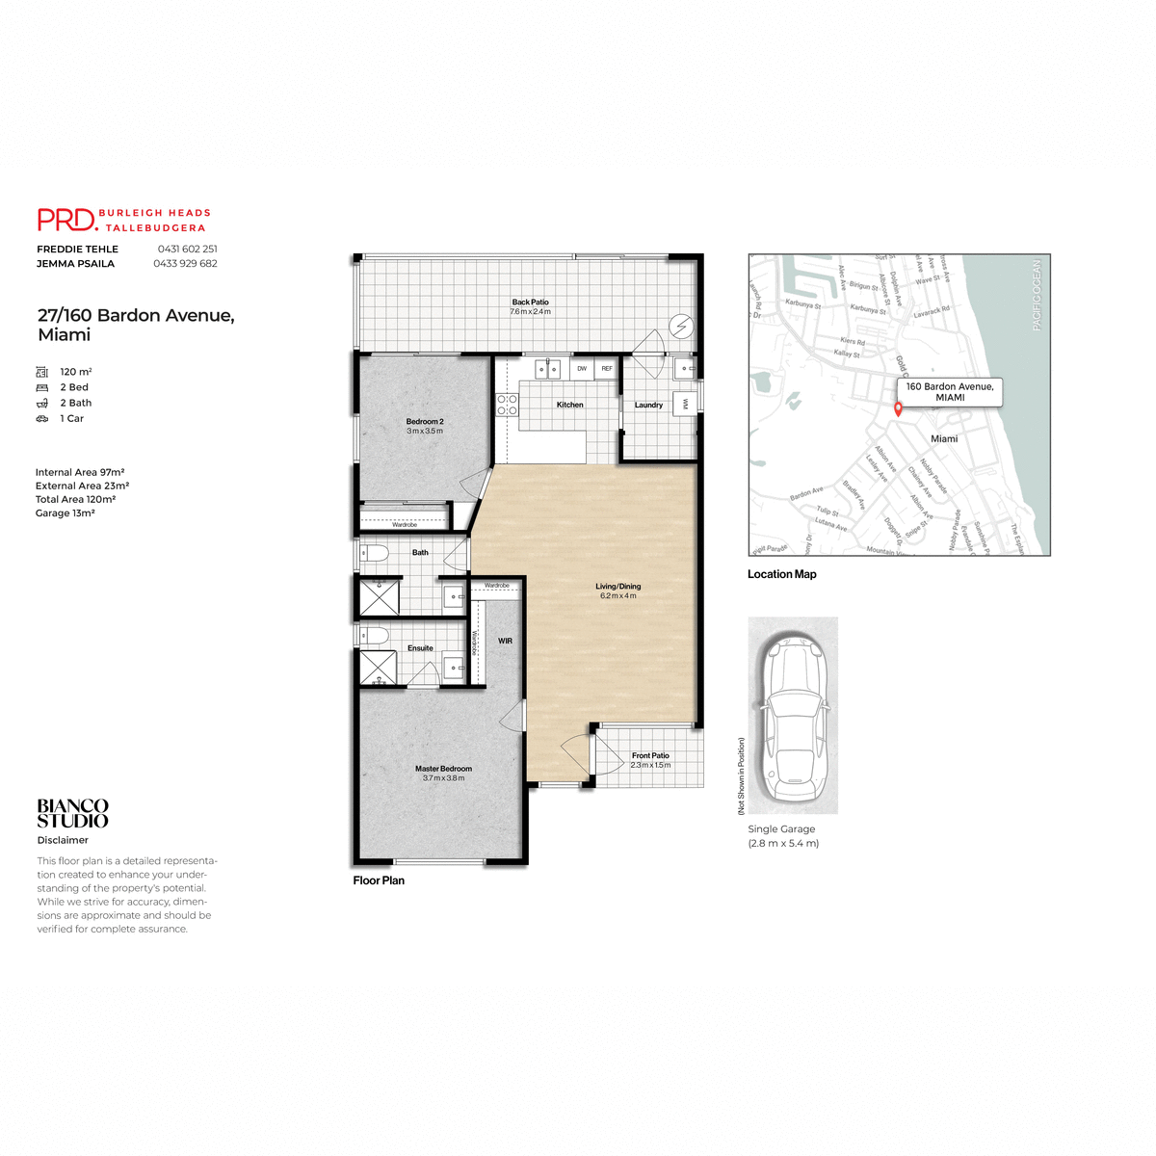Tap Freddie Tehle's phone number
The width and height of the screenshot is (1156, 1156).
[187, 249]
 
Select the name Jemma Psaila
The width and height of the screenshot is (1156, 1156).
[75, 263]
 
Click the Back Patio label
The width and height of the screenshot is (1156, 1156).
[530, 302]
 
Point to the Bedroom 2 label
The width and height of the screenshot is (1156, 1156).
[425, 422]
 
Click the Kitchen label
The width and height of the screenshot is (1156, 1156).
[569, 405]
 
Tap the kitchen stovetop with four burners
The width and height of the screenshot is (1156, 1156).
[507, 405]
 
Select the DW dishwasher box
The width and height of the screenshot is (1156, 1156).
[582, 369]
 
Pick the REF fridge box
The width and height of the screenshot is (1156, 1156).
[607, 369]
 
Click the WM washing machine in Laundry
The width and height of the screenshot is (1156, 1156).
[685, 403]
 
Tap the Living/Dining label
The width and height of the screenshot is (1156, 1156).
[617, 586]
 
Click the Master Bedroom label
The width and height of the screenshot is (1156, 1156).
[443, 769]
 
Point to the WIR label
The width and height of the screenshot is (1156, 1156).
[505, 641]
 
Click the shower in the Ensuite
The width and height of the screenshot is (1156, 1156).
[378, 668]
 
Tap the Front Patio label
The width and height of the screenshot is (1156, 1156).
[650, 756]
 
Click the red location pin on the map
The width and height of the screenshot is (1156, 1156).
[898, 408]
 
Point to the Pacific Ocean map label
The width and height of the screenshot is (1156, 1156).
[1037, 295]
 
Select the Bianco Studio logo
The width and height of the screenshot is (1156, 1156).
[73, 813]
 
